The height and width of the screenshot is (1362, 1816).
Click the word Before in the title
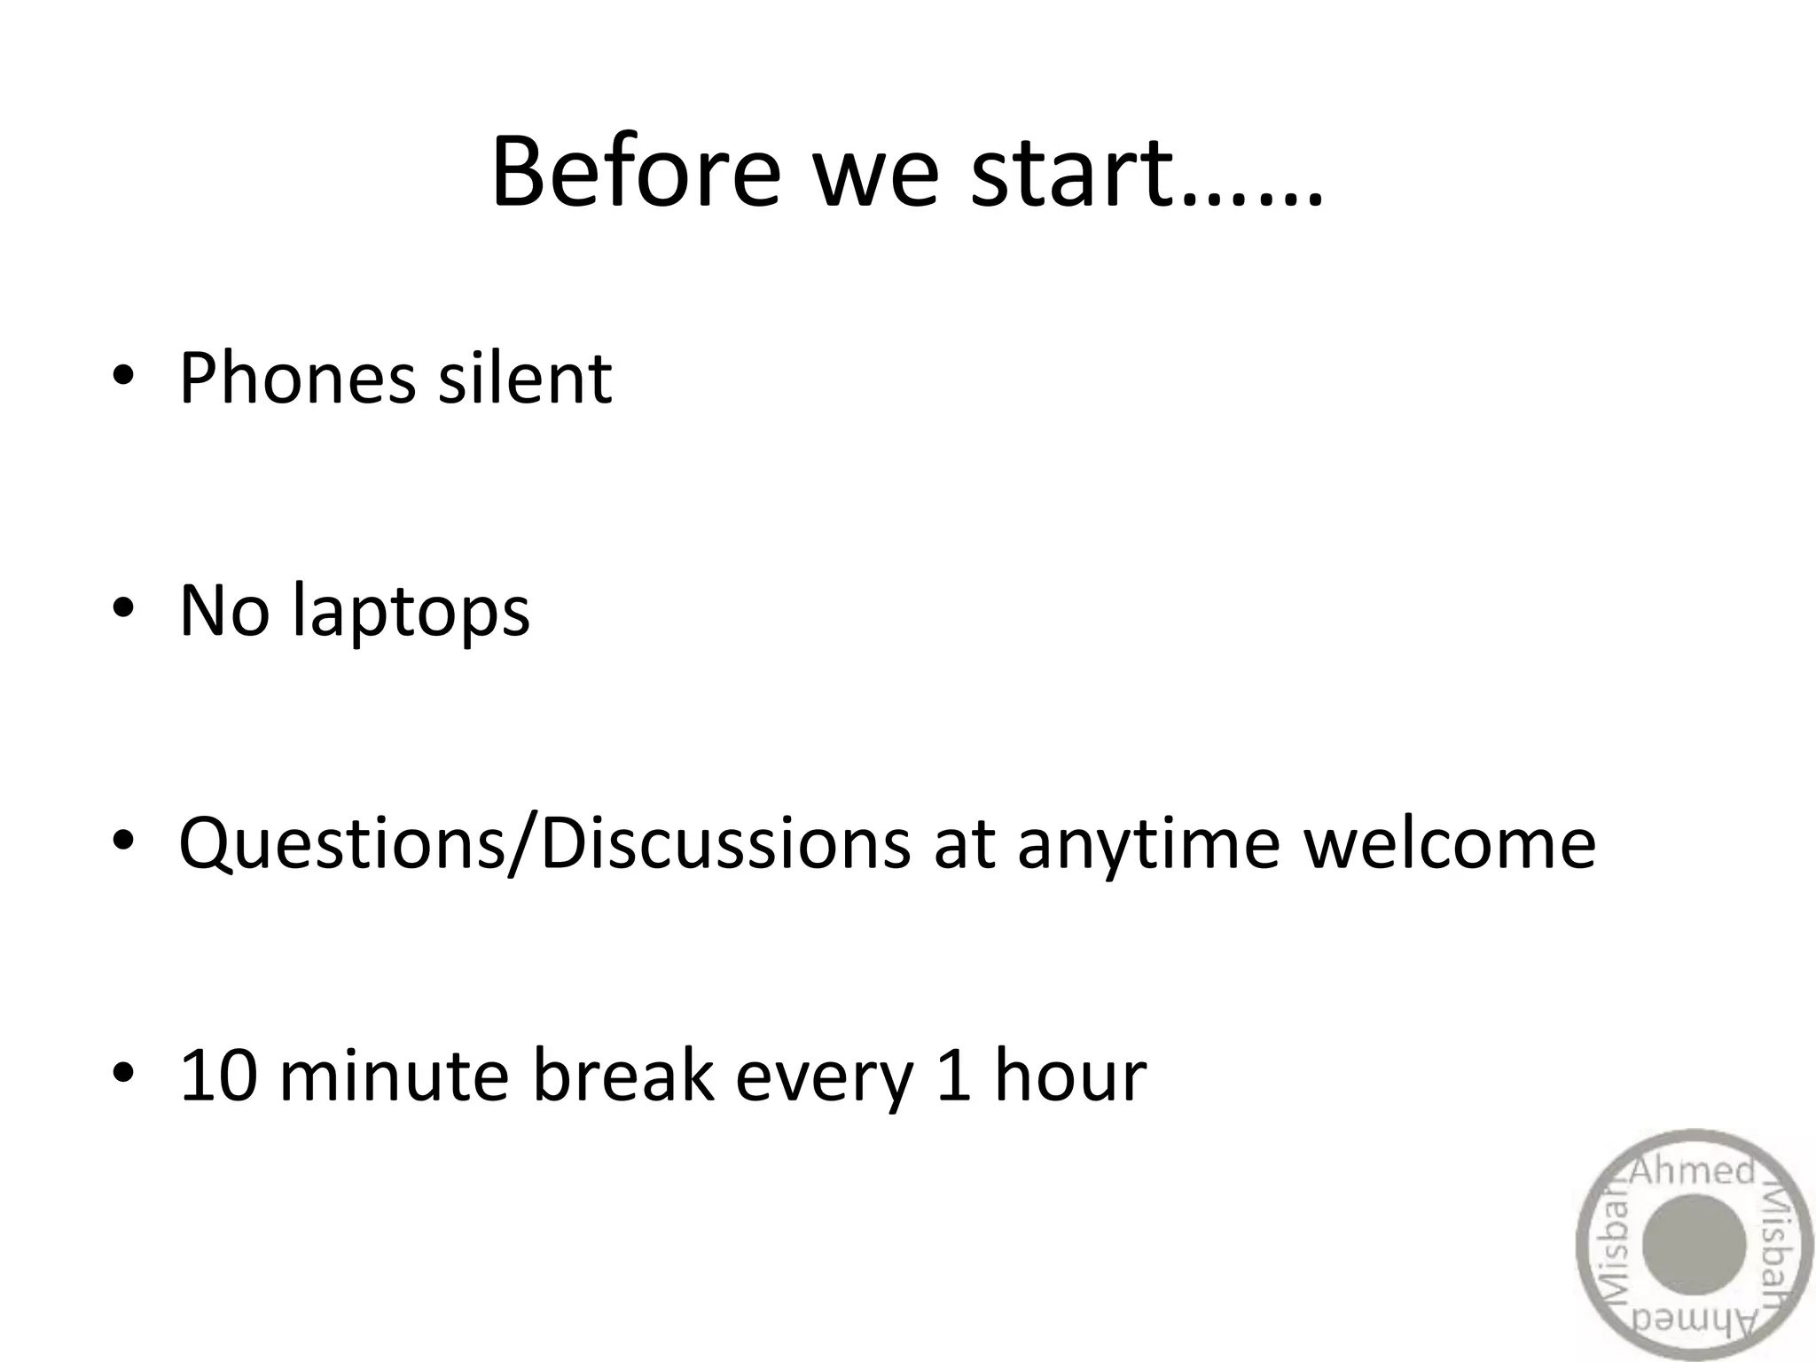pyautogui.click(x=635, y=172)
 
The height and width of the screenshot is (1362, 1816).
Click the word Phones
pyautogui.click(x=296, y=380)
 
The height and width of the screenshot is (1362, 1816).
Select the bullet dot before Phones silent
pyautogui.click(x=122, y=376)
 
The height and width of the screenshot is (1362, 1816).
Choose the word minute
pyautogui.click(x=394, y=1076)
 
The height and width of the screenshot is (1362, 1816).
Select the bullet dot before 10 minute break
pyautogui.click(x=122, y=1072)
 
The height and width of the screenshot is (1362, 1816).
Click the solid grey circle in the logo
pyautogui.click(x=1694, y=1245)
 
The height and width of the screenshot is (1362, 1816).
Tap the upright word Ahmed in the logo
pyautogui.click(x=1692, y=1172)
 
